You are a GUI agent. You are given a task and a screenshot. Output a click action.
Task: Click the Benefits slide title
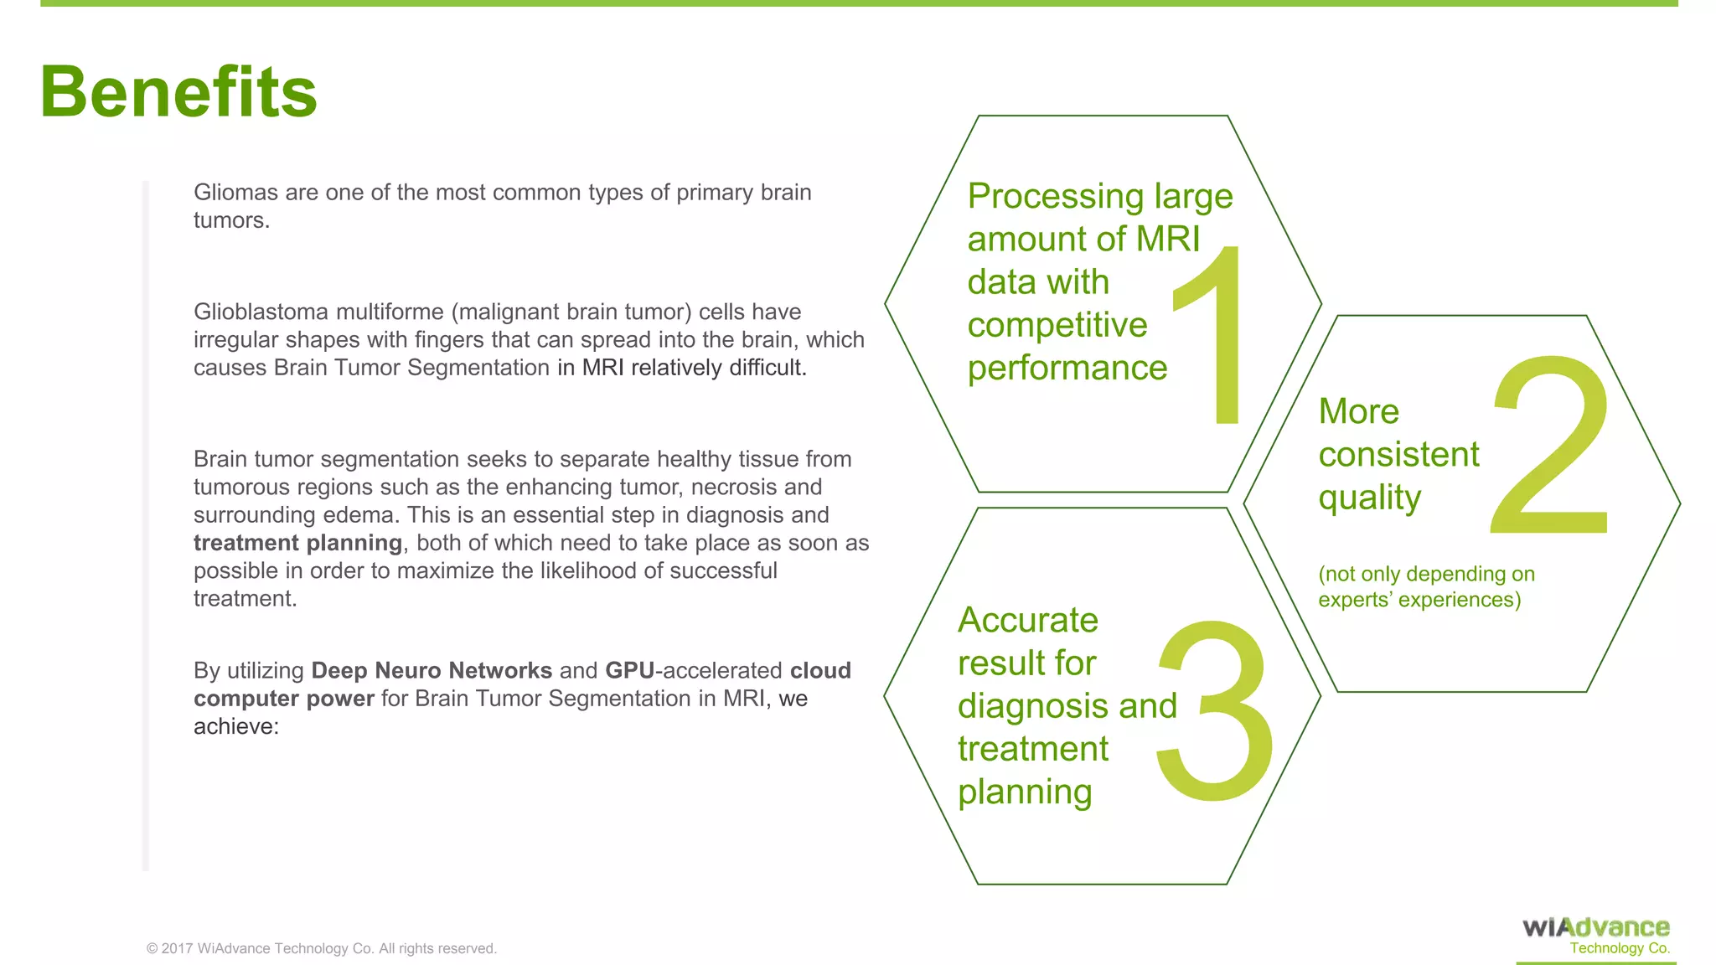pos(178,92)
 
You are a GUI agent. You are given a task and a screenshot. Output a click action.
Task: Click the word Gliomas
pos(235,193)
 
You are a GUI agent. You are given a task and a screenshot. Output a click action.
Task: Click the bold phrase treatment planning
pos(297,543)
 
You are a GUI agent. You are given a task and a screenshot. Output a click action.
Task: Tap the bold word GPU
pos(629,671)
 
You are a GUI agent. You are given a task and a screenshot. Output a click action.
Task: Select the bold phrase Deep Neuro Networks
pos(431,671)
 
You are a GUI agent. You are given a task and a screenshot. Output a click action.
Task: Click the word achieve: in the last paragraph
pos(235,726)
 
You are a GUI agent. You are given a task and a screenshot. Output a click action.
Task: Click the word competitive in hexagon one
pos(1057,325)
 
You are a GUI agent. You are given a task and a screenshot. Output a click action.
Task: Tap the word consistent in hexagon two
pos(1398,455)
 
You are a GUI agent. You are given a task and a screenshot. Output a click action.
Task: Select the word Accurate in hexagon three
pos(1027,621)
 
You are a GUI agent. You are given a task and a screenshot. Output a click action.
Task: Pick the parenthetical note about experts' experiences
pos(1425,586)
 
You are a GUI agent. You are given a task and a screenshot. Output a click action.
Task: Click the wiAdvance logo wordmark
pos(1595,927)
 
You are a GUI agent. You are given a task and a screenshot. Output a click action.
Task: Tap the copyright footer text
pos(322,948)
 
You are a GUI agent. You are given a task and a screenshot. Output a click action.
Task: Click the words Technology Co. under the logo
pos(1619,948)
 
